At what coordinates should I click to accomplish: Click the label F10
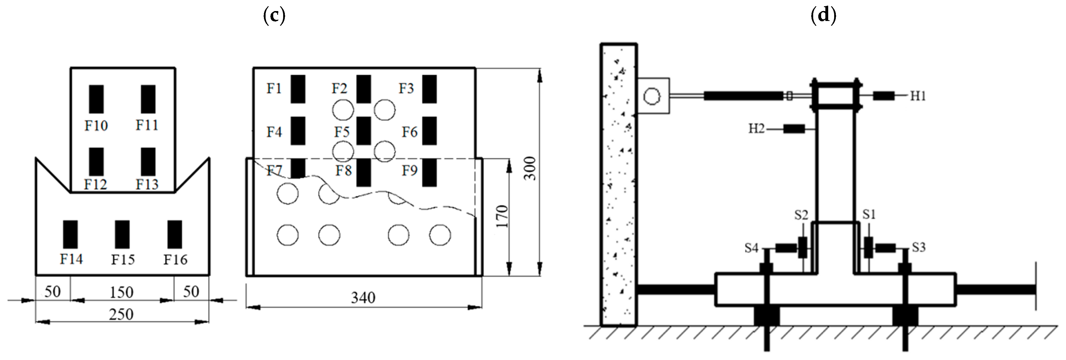pos(96,125)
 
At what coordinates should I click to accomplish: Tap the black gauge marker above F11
pos(148,99)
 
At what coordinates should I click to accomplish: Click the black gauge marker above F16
pos(175,234)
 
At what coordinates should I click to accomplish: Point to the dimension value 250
pos(121,314)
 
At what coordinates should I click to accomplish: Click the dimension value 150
pos(121,292)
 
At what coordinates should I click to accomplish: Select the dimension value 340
pos(363,298)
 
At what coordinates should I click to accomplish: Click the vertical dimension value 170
pos(501,216)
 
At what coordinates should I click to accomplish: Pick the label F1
pos(274,88)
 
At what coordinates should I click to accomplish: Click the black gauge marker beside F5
pos(363,131)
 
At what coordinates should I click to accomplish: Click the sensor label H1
pos(918,96)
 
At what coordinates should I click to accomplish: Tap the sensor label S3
pos(919,247)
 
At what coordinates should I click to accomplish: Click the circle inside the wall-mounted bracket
pos(652,96)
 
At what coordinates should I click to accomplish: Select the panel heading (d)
pos(823,15)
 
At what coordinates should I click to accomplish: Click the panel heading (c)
pos(274,15)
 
